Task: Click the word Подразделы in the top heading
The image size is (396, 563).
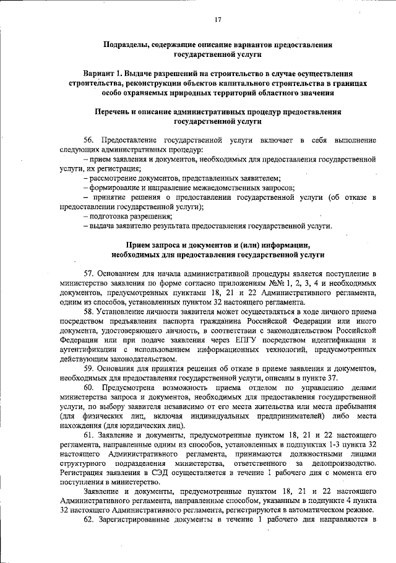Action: (x=127, y=45)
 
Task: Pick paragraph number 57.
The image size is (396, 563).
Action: (x=89, y=273)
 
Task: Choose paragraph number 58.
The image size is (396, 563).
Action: (x=89, y=311)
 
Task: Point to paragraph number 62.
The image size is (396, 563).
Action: (x=89, y=519)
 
